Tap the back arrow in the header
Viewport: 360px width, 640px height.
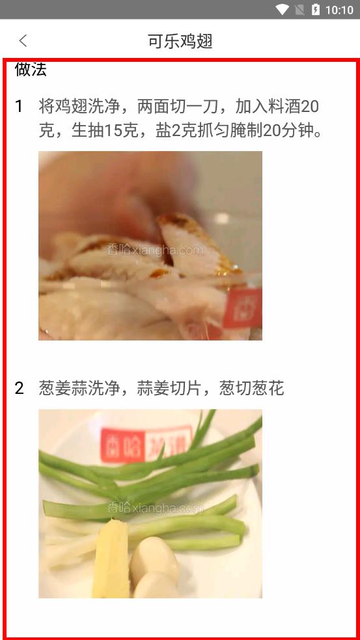pyautogui.click(x=23, y=41)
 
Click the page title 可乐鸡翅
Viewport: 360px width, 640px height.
pyautogui.click(x=180, y=41)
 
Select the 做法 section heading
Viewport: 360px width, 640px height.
pyautogui.click(x=31, y=70)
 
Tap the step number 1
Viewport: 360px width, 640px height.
pyautogui.click(x=19, y=107)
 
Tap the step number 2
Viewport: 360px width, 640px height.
pyautogui.click(x=19, y=388)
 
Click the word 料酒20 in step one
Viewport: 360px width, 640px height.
pyautogui.click(x=293, y=107)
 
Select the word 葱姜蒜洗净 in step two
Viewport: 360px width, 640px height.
pyautogui.click(x=79, y=388)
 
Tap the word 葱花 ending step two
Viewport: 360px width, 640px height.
pyautogui.click(x=268, y=388)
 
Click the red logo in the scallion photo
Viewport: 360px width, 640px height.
pyautogui.click(x=146, y=444)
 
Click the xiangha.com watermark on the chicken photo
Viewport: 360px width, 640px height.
pyautogui.click(x=155, y=250)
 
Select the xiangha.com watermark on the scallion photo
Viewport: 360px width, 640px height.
pyautogui.click(x=155, y=508)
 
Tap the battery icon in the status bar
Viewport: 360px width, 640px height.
pyautogui.click(x=316, y=9)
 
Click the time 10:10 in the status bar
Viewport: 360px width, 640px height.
pyautogui.click(x=339, y=10)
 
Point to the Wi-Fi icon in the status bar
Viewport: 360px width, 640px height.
pyautogui.click(x=282, y=9)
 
